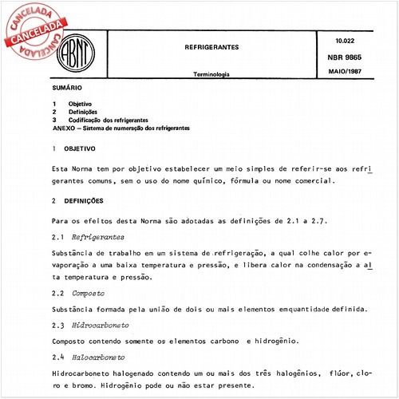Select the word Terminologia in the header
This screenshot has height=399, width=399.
[x=211, y=73]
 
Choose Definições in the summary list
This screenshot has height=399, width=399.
[x=84, y=113]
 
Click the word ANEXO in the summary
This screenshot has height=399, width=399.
[x=64, y=128]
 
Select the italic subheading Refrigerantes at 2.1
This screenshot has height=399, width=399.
[x=97, y=238]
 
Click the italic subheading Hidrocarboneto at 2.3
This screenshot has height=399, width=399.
[x=100, y=326]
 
